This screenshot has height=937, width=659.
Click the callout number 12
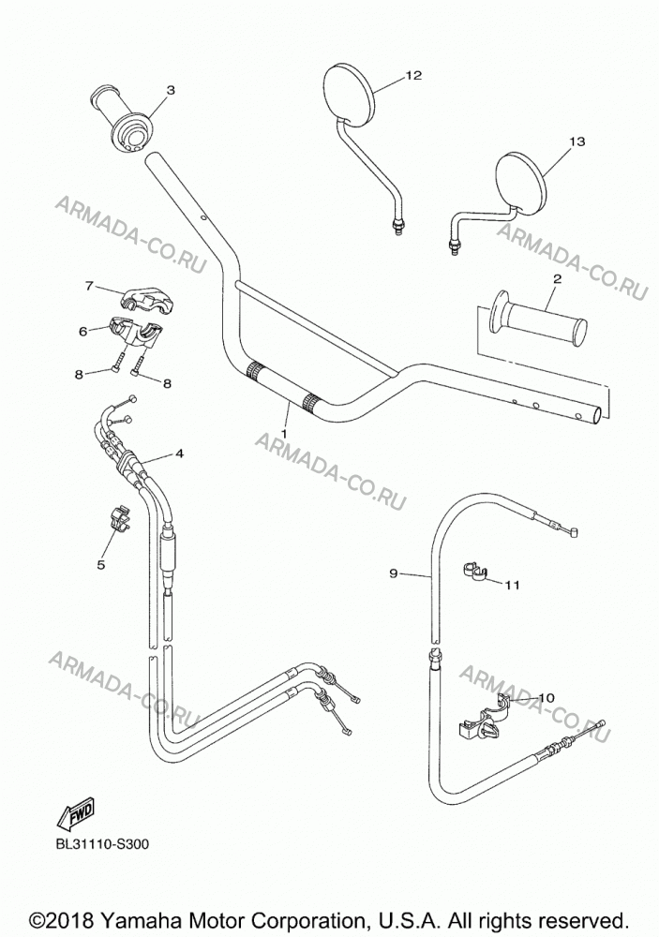(413, 75)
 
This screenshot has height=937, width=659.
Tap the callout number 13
(577, 141)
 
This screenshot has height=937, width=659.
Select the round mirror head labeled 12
(351, 96)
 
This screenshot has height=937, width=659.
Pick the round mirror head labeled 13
(521, 183)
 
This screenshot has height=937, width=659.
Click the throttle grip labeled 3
(122, 120)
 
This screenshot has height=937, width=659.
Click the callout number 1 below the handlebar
(285, 433)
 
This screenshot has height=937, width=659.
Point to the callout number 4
(179, 454)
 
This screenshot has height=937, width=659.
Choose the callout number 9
(393, 573)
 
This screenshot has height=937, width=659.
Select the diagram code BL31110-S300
(102, 844)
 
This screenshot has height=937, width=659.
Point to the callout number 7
(89, 286)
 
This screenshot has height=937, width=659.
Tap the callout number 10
(546, 697)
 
